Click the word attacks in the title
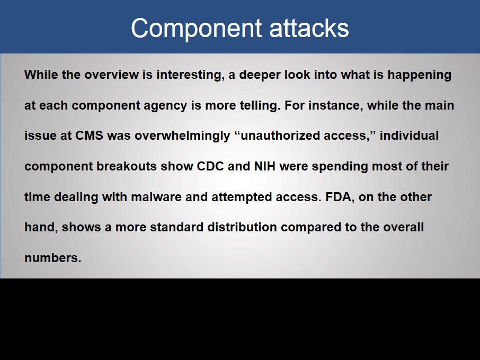coord(309,29)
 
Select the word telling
coord(260,106)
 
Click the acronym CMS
coord(89,136)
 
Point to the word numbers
coord(53,258)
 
